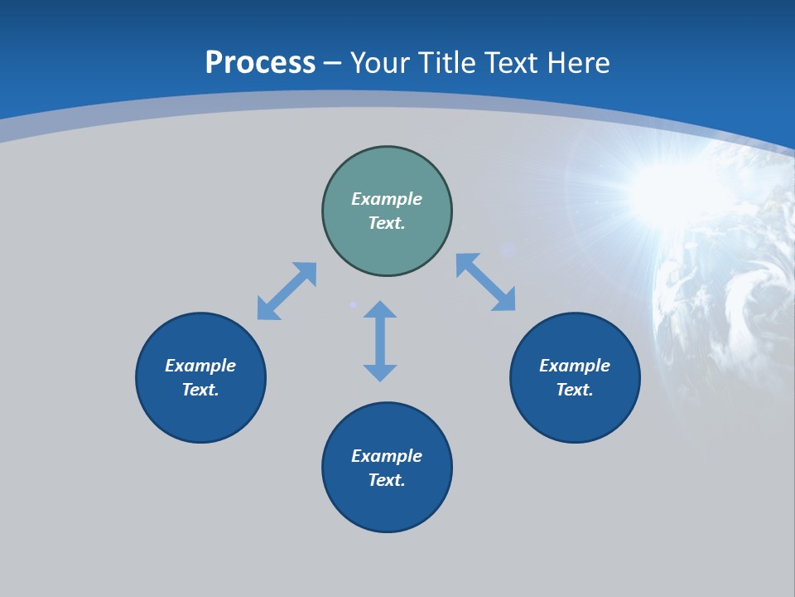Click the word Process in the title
[x=260, y=62]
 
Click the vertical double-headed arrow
[x=380, y=341]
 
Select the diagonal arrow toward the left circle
[x=287, y=291]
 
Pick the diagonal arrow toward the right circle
[x=486, y=282]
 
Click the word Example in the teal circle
[x=387, y=199]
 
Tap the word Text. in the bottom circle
[x=387, y=480]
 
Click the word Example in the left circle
[x=200, y=366]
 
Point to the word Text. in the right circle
[x=575, y=390]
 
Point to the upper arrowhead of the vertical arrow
[x=380, y=310]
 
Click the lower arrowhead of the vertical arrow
[x=380, y=372]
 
